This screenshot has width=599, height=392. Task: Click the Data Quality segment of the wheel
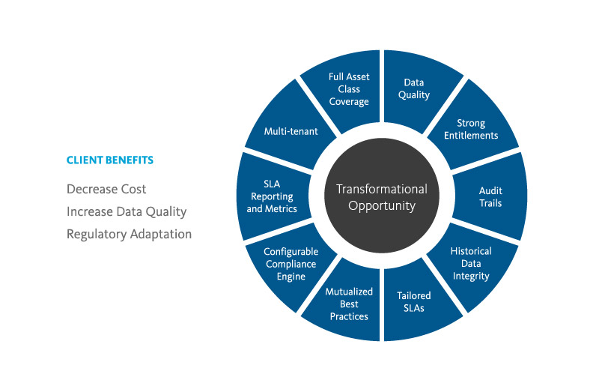click(x=416, y=88)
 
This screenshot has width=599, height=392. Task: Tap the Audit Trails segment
click(x=490, y=196)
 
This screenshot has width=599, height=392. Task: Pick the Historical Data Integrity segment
click(x=469, y=264)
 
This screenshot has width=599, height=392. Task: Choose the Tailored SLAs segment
click(x=413, y=301)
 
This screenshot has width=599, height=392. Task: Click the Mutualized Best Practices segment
click(x=349, y=304)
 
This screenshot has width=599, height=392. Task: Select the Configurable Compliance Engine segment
click(x=291, y=264)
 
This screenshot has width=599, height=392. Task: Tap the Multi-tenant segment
click(x=291, y=131)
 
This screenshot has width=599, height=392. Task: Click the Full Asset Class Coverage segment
click(x=349, y=88)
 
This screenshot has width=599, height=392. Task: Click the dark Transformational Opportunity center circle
click(x=381, y=196)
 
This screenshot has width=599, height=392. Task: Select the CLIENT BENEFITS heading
click(x=110, y=160)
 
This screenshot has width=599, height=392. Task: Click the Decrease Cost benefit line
click(x=106, y=189)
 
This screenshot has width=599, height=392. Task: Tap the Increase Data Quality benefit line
click(x=127, y=211)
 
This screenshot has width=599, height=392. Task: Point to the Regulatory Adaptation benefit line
click(x=129, y=234)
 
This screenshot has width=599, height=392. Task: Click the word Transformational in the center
click(x=381, y=189)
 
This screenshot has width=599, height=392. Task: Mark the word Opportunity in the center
click(x=381, y=205)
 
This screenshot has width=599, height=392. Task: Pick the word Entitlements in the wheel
click(x=471, y=135)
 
